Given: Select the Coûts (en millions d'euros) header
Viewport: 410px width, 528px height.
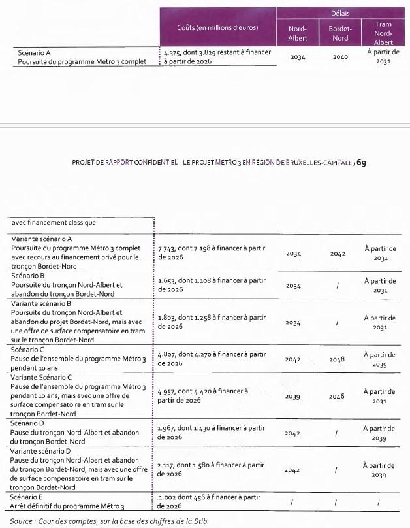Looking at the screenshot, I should click(217, 27).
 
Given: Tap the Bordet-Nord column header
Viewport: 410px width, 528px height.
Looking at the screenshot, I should click(340, 33).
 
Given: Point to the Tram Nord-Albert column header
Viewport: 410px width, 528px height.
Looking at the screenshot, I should click(383, 33).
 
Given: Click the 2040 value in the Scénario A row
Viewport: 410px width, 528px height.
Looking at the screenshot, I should click(340, 57).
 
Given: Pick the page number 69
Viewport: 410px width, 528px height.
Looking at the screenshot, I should click(361, 163).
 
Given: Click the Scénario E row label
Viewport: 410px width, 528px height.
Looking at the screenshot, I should click(68, 501).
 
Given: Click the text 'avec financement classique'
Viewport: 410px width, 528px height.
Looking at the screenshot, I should click(54, 223).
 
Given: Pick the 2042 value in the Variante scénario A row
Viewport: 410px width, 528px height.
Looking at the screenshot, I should click(337, 254).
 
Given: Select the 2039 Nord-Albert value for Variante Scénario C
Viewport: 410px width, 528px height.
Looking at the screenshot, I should click(293, 397).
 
